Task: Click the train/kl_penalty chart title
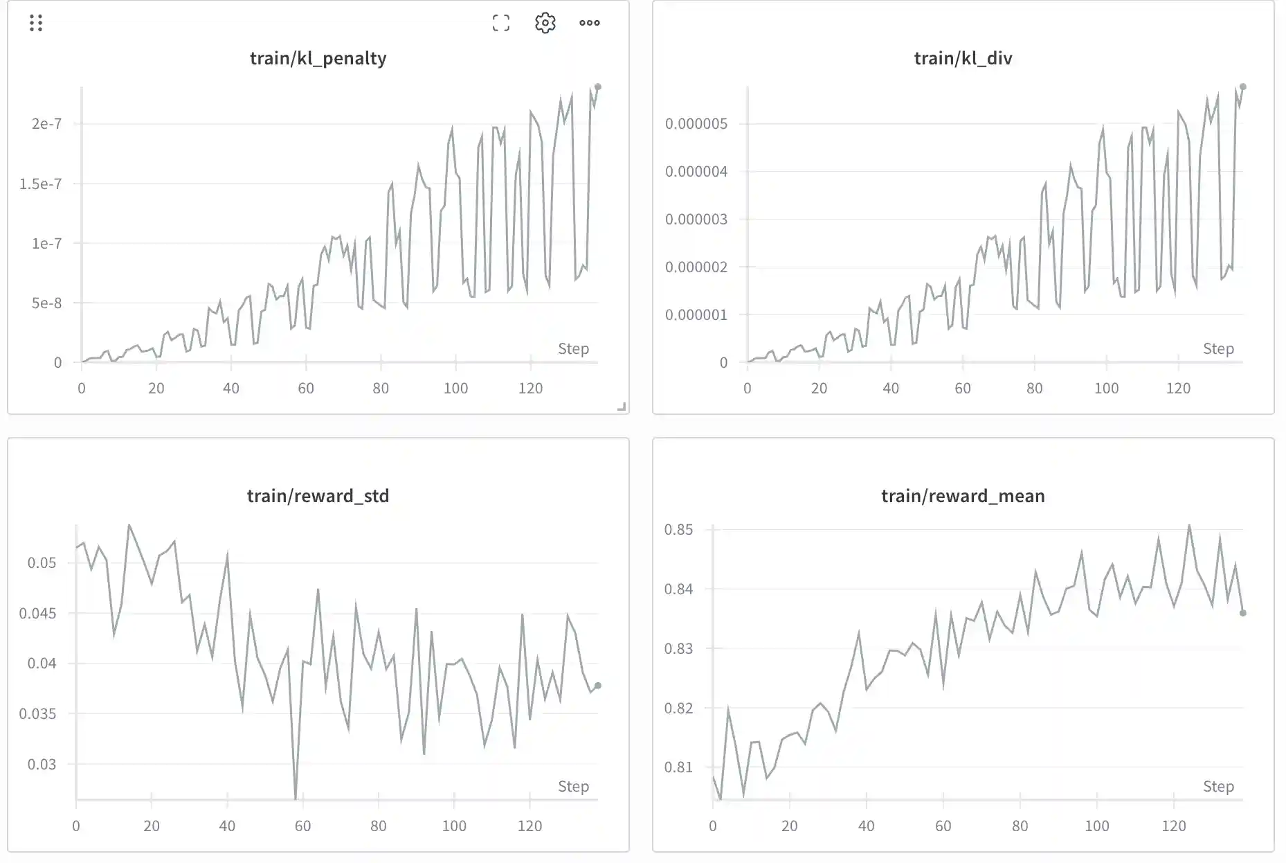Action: click(318, 58)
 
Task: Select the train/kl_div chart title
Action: click(963, 58)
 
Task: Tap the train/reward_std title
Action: click(318, 496)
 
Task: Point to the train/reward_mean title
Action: click(963, 496)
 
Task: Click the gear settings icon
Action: click(545, 23)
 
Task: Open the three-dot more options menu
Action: click(589, 23)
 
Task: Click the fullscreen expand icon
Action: click(501, 23)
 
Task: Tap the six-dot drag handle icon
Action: click(36, 23)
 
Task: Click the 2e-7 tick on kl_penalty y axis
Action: click(46, 124)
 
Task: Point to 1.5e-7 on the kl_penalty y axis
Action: click(40, 184)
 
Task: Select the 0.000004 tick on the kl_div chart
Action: click(696, 172)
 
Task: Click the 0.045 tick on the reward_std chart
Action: click(37, 613)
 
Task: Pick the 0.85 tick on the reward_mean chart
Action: click(678, 530)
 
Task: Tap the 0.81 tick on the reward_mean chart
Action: click(678, 767)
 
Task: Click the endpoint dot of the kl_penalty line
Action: click(598, 87)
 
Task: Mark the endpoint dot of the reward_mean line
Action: click(1243, 613)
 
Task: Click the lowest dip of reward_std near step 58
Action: click(296, 798)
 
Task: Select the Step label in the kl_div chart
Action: click(1218, 349)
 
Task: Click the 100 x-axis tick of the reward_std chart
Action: click(454, 826)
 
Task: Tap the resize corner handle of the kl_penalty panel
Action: click(622, 407)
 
